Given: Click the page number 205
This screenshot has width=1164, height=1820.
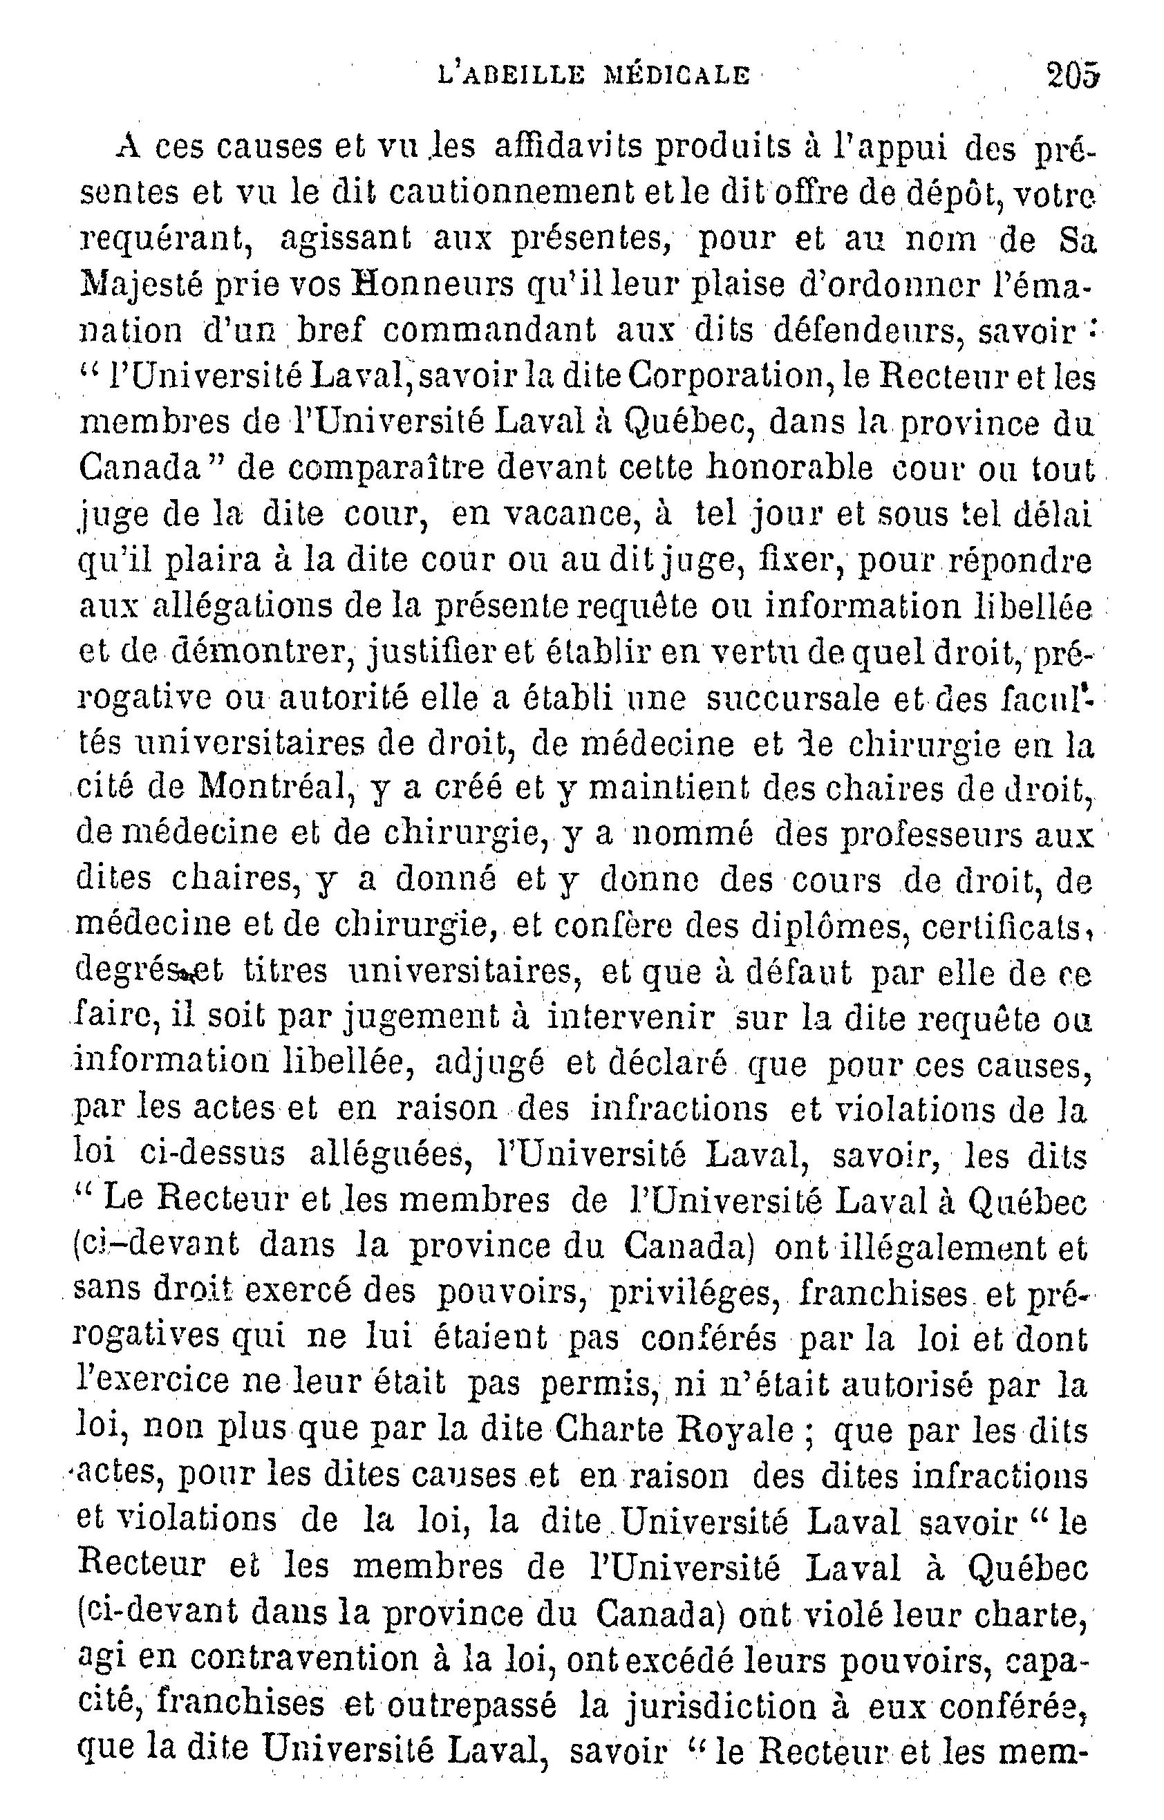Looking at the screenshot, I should coord(1072,75).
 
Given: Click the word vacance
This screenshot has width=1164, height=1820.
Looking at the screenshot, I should coord(566,516).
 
